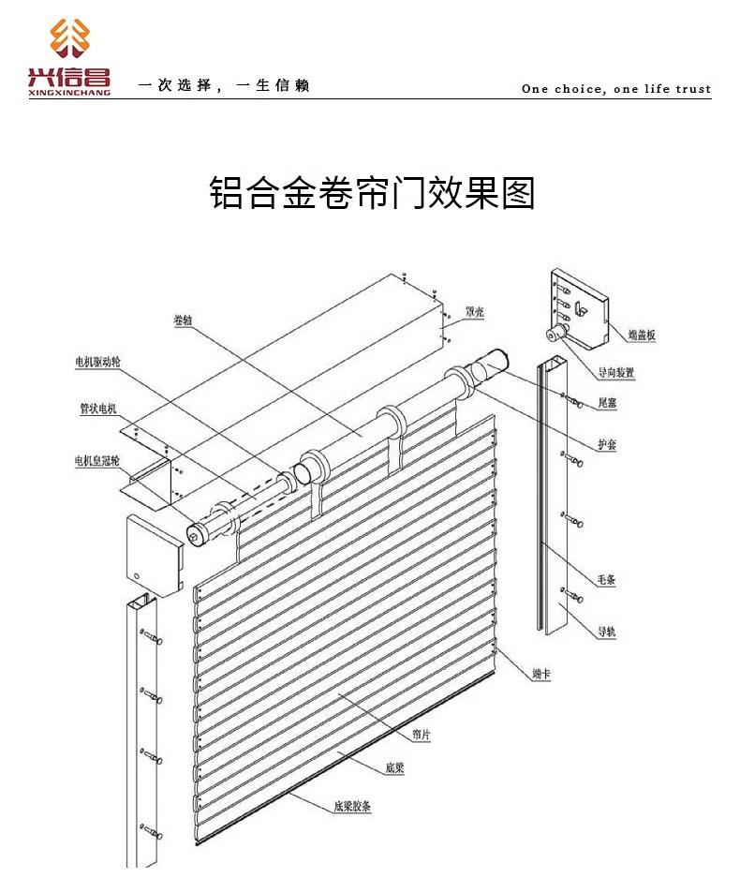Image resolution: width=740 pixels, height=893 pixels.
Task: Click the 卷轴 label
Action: [x=183, y=320]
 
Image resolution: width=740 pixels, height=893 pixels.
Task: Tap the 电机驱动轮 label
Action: [x=98, y=362]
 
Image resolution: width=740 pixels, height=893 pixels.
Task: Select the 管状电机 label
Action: [x=98, y=409]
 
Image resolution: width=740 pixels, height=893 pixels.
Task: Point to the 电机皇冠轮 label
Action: [x=97, y=461]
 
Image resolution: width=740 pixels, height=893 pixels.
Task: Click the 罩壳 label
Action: [x=474, y=312]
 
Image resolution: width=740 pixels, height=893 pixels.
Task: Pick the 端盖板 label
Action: [x=642, y=335]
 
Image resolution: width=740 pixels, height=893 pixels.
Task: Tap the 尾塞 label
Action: [x=607, y=403]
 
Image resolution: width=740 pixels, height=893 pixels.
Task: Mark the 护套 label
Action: [x=607, y=444]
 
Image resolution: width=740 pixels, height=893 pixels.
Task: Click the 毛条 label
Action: [x=606, y=580]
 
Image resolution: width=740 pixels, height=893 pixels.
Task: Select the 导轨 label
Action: [x=606, y=631]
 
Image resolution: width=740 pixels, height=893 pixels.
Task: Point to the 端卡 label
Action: [x=541, y=674]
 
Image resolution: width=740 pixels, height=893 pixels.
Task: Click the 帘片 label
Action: [x=422, y=735]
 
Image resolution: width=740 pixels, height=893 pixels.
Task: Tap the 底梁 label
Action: [x=394, y=767]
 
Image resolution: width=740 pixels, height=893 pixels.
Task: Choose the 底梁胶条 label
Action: [x=352, y=806]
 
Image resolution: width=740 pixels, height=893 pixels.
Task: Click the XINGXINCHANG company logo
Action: [x=69, y=56]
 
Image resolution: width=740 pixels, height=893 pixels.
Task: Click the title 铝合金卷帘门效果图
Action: [x=372, y=193]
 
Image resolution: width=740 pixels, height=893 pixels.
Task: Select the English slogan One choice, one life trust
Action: [x=616, y=88]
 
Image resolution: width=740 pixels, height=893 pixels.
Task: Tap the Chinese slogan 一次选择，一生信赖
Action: [x=224, y=85]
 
